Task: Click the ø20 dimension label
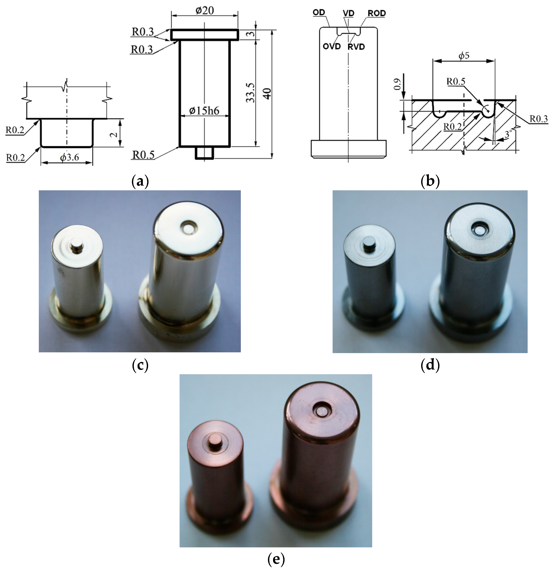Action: [x=205, y=11]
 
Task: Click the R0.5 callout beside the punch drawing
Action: [x=143, y=155]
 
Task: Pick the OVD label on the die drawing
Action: [x=332, y=47]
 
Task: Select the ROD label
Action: [x=377, y=13]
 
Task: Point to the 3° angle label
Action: [x=508, y=134]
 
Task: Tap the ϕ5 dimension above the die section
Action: [x=464, y=55]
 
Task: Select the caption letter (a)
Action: [x=140, y=181]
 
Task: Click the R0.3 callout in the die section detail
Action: [x=538, y=119]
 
